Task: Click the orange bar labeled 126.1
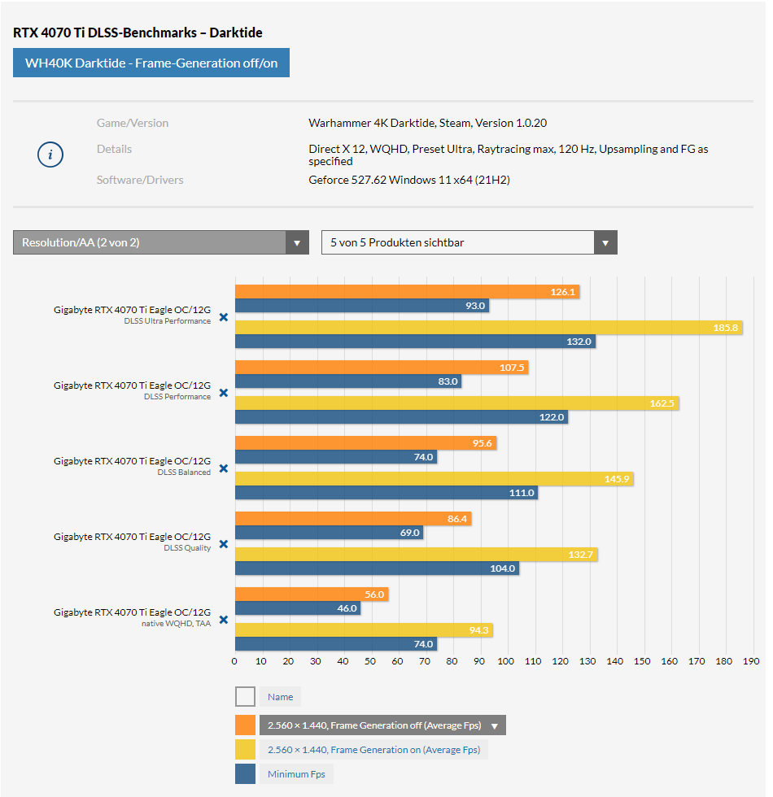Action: pos(407,292)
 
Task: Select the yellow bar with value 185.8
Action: pos(488,328)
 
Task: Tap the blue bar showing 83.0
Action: pos(348,381)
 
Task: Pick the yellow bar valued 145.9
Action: pos(434,480)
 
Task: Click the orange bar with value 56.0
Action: pos(312,594)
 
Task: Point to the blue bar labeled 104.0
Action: pos(377,568)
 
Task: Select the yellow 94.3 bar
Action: pos(364,630)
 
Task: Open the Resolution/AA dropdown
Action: pos(160,242)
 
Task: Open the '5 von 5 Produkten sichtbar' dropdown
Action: pos(469,242)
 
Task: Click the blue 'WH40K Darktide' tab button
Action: pos(151,63)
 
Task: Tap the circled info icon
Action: pos(50,155)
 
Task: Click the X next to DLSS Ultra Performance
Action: pos(224,317)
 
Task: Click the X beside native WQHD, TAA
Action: pos(224,620)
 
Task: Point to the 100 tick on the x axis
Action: pos(506,661)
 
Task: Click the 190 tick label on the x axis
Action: pos(751,661)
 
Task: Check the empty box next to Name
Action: pos(245,697)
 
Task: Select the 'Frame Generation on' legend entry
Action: pos(373,750)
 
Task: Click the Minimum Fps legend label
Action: pos(296,774)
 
